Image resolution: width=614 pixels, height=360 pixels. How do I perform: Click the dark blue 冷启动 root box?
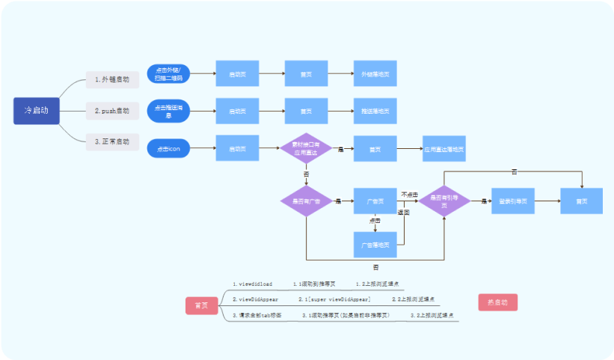click(x=36, y=111)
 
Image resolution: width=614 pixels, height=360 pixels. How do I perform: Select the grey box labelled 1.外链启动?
click(x=112, y=79)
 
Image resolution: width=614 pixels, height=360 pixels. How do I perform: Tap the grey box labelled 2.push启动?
click(x=112, y=111)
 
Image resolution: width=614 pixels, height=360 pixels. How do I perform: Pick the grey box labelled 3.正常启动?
click(x=112, y=141)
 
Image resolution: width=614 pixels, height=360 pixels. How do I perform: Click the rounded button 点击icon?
click(x=169, y=149)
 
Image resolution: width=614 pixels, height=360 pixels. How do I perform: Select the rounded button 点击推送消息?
click(x=169, y=111)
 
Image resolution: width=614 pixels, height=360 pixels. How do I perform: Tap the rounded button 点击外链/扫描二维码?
click(x=169, y=74)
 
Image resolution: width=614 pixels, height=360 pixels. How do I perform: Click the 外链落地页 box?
click(x=375, y=74)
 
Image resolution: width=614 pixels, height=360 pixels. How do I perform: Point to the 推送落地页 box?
click(x=375, y=111)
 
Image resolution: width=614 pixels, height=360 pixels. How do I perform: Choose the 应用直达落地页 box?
click(x=443, y=149)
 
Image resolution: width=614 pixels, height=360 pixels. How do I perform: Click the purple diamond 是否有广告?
click(x=306, y=201)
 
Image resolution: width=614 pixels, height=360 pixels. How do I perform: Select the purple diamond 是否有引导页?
click(x=443, y=201)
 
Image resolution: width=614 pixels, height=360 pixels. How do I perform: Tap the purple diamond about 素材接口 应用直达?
click(x=306, y=149)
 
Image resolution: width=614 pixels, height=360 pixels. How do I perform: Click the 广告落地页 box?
click(x=375, y=245)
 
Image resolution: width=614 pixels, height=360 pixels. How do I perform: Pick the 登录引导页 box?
click(x=513, y=201)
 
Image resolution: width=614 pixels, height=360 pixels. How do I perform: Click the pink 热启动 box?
click(x=497, y=302)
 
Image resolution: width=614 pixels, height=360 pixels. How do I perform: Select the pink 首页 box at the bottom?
click(x=201, y=305)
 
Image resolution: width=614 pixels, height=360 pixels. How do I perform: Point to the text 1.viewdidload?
click(x=252, y=284)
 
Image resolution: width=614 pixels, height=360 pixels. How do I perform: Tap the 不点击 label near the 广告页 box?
click(x=409, y=193)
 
